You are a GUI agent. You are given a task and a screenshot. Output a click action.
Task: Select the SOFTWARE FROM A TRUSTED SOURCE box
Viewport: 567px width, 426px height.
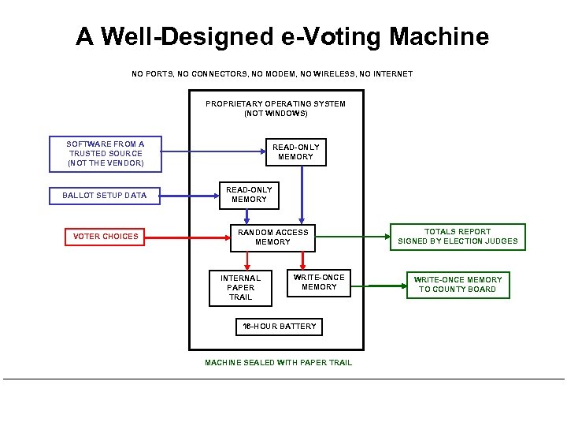(106, 154)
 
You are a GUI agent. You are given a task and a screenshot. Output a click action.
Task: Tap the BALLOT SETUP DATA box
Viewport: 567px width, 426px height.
(105, 195)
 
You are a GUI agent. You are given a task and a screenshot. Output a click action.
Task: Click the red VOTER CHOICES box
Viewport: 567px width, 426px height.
(105, 236)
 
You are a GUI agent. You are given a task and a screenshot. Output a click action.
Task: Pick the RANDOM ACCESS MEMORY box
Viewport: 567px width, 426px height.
(272, 237)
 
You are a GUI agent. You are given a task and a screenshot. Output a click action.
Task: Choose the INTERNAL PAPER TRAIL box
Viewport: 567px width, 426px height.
(240, 287)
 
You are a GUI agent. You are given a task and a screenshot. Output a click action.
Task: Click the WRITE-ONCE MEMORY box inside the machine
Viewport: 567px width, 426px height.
(319, 282)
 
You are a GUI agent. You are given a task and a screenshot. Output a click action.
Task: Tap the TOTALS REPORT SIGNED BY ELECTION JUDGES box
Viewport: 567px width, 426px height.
(458, 237)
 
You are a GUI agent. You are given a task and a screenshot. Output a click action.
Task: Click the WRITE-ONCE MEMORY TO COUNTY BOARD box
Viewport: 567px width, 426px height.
(458, 285)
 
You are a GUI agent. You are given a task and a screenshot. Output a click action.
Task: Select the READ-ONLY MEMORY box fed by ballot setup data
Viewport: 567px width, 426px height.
(249, 194)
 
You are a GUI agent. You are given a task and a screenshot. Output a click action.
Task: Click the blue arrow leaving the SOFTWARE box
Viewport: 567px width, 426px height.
(213, 151)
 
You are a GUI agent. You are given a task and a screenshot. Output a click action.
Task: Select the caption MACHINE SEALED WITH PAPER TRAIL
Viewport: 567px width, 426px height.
(278, 363)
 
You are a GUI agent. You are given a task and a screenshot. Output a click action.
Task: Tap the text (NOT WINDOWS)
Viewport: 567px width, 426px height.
(276, 114)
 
